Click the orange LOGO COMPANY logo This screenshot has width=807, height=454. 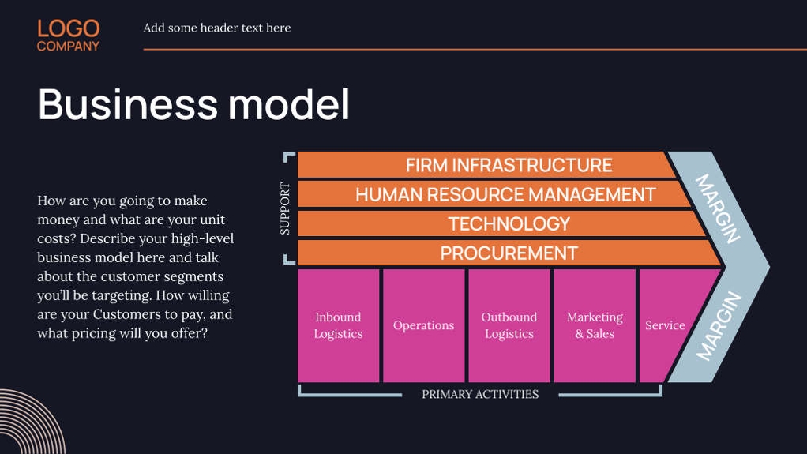(68, 36)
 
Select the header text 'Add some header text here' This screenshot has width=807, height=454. (216, 28)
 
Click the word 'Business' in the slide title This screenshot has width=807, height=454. (127, 103)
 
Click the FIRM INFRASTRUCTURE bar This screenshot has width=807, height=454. (509, 165)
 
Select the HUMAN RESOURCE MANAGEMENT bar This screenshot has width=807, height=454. (505, 194)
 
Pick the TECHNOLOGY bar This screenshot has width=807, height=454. (509, 223)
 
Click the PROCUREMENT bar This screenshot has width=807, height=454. (509, 253)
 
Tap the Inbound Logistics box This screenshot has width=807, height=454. (338, 325)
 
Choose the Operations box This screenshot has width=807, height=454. (424, 325)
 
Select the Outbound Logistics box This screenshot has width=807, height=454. (509, 325)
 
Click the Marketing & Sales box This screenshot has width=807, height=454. (595, 325)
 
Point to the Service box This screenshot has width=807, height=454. (665, 325)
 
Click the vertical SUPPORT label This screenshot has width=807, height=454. (285, 209)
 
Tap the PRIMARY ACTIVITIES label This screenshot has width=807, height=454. (480, 394)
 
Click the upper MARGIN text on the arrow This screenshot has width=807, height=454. (718, 208)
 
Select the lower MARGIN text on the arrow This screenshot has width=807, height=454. (719, 325)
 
